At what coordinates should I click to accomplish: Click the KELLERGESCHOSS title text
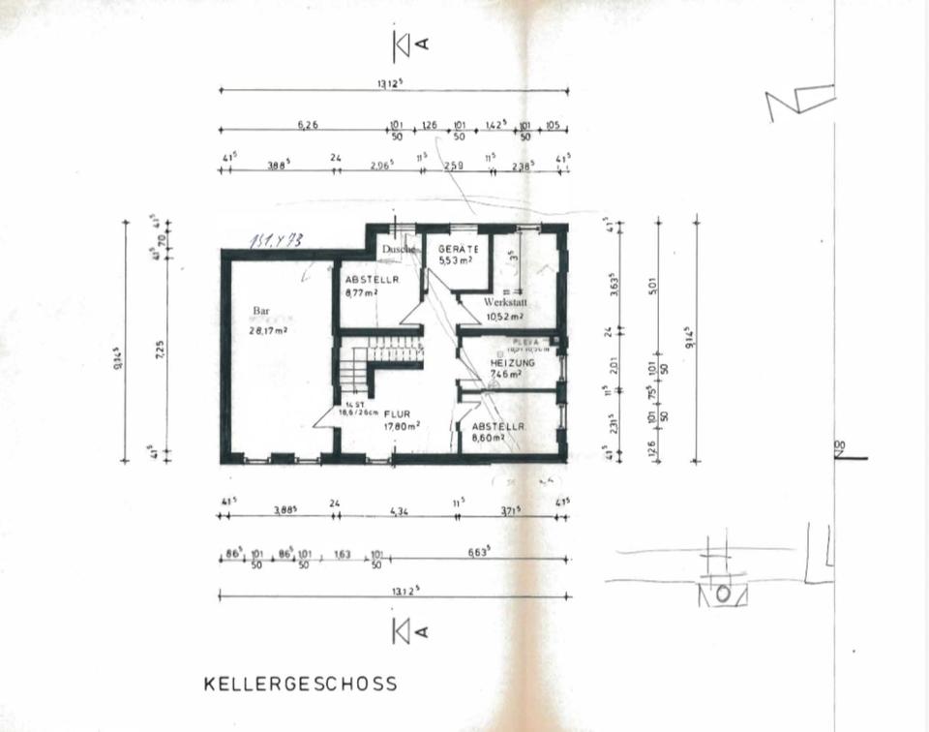click(x=300, y=684)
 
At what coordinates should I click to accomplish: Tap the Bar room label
click(x=260, y=311)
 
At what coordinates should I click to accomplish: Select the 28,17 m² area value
click(x=268, y=329)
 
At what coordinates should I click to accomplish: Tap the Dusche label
click(x=398, y=249)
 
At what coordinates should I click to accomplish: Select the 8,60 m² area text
click(x=489, y=438)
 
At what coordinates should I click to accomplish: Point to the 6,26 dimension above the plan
click(x=308, y=124)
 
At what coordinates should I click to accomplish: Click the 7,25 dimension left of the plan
click(x=159, y=349)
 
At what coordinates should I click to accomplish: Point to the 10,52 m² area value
click(x=505, y=316)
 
